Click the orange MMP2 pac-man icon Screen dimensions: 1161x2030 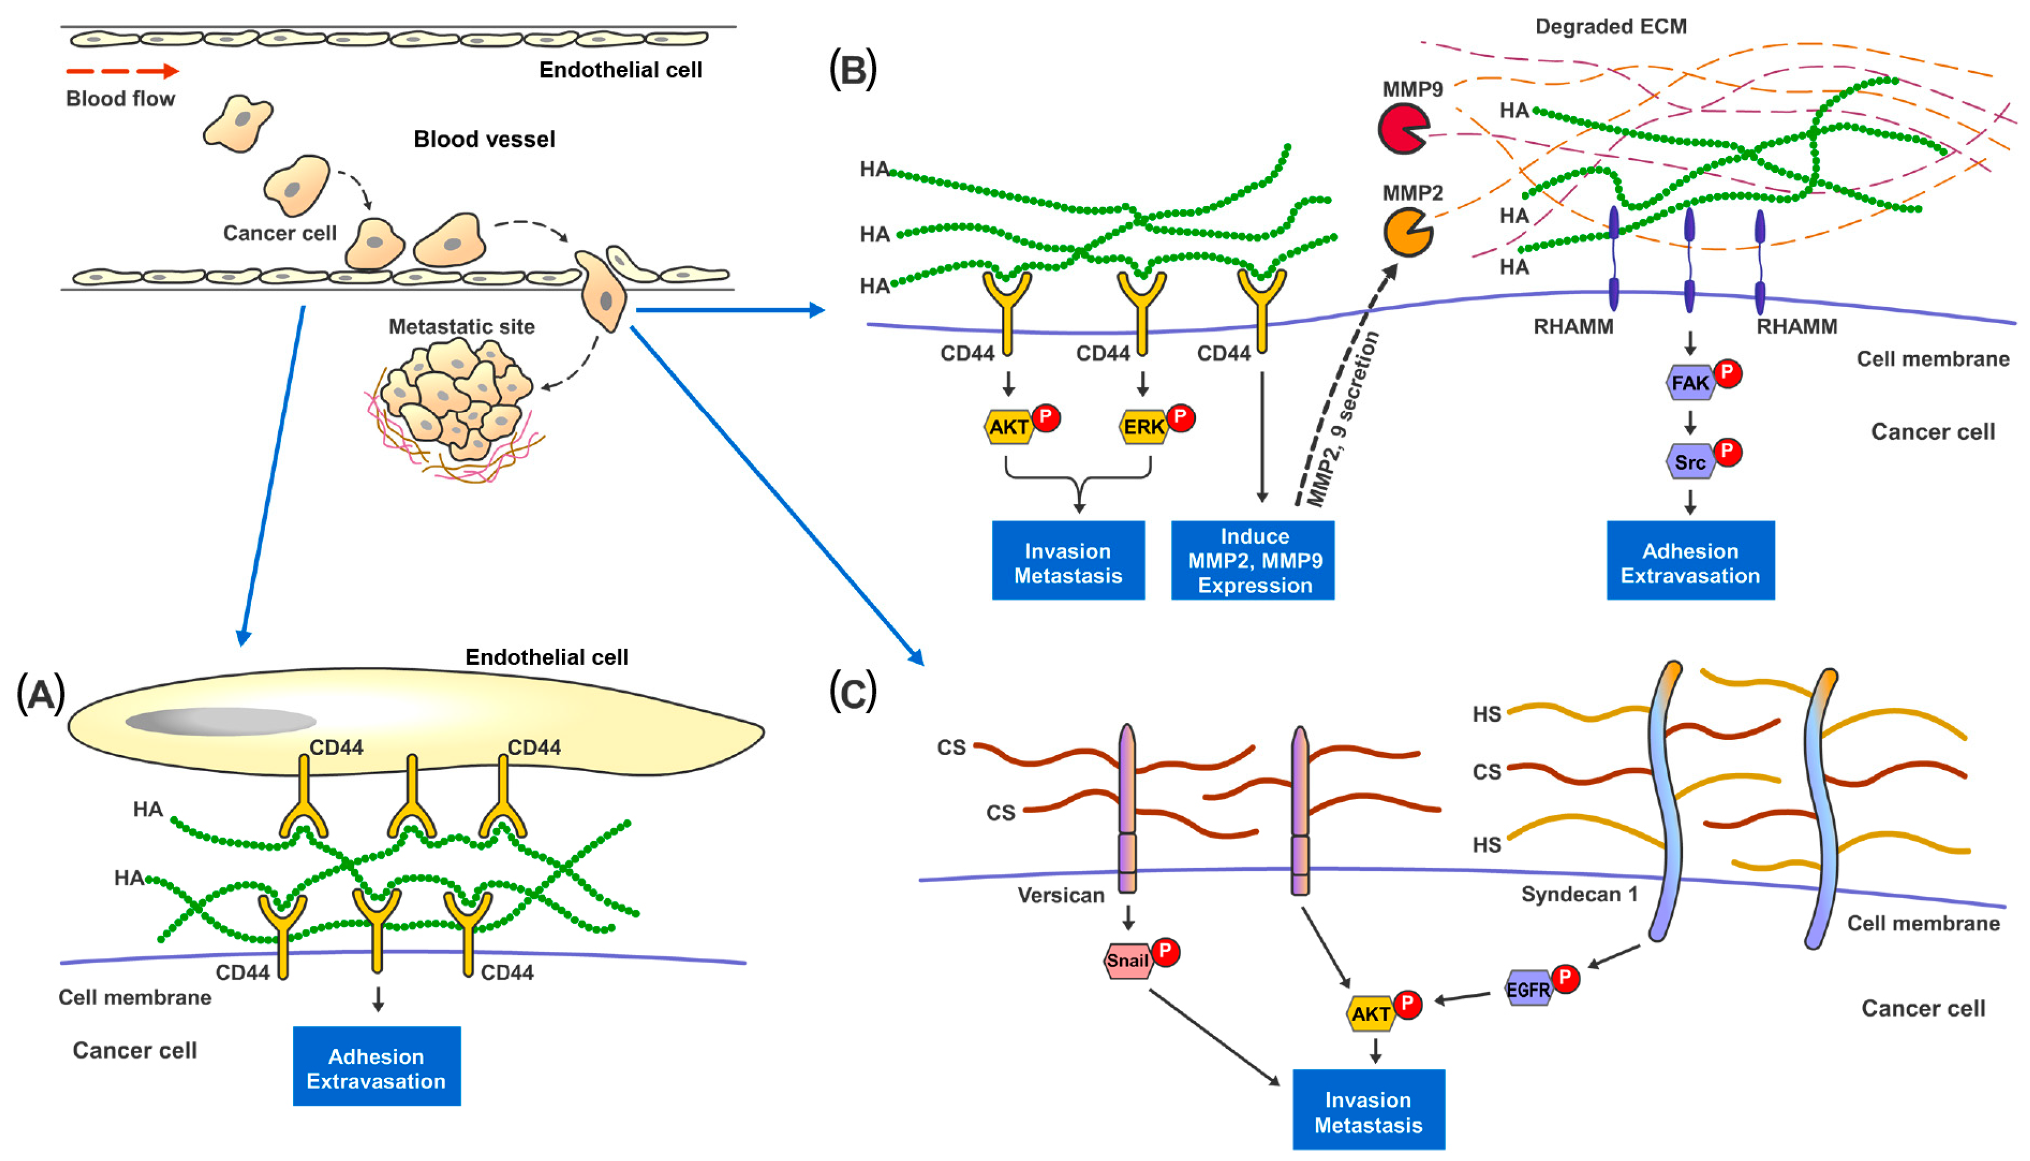tap(1406, 232)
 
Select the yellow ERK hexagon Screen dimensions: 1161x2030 tap(1143, 427)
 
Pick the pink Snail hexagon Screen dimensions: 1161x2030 tap(1127, 960)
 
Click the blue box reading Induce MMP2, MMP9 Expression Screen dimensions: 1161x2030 tap(1253, 561)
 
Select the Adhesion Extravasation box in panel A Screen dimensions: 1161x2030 tap(376, 1067)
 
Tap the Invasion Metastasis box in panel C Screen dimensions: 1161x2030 tap(1368, 1111)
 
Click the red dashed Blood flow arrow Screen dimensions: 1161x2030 tap(122, 71)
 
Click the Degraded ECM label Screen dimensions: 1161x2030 tap(1610, 26)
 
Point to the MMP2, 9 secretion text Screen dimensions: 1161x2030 tap(1344, 419)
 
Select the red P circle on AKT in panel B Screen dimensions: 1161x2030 tap(1046, 417)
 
